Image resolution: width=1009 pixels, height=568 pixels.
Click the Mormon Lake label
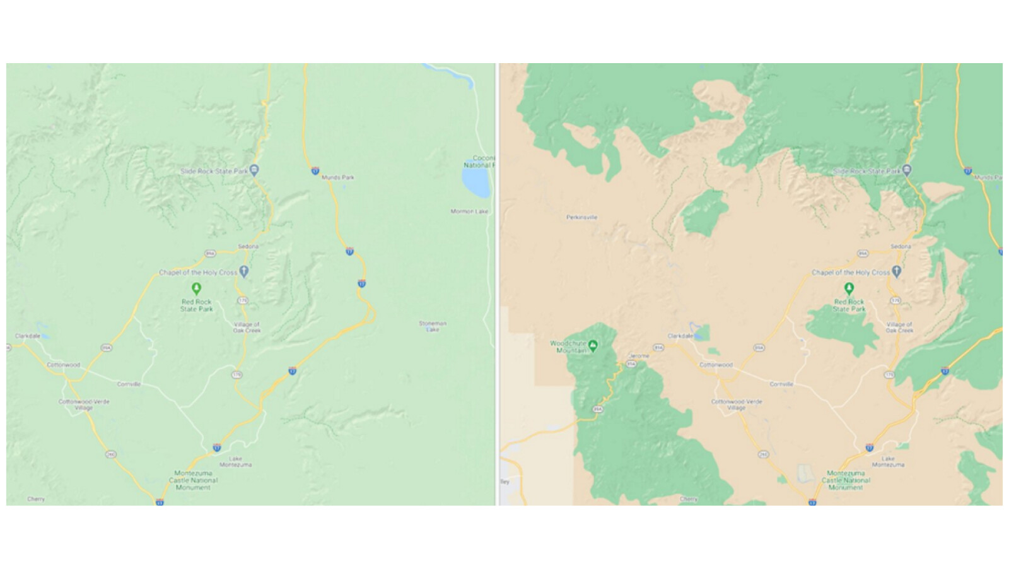[469, 211]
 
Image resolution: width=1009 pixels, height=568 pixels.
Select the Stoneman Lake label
[433, 326]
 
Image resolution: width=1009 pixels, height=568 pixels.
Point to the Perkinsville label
[581, 217]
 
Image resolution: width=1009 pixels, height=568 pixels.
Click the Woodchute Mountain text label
[568, 346]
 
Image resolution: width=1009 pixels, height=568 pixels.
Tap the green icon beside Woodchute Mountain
[593, 345]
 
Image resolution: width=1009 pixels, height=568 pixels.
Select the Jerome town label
[638, 356]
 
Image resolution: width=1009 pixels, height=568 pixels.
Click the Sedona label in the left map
[248, 246]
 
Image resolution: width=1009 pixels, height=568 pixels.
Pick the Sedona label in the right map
[901, 246]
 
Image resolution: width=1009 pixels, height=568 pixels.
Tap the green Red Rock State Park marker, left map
[197, 289]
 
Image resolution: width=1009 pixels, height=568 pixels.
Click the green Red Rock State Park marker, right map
[849, 289]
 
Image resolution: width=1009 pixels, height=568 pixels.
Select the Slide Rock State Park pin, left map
[254, 170]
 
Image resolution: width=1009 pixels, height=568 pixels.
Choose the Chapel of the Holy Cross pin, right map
[897, 272]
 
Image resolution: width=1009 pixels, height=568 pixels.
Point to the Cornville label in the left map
[129, 384]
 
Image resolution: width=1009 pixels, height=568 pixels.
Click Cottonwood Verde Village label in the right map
[737, 405]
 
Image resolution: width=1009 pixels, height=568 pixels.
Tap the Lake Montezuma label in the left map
[235, 461]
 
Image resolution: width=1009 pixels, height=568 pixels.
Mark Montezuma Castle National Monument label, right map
[845, 480]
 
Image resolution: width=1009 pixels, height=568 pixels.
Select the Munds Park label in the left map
[338, 177]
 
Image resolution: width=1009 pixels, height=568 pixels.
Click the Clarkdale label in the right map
[680, 336]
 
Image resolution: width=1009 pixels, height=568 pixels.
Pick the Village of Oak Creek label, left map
[247, 327]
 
